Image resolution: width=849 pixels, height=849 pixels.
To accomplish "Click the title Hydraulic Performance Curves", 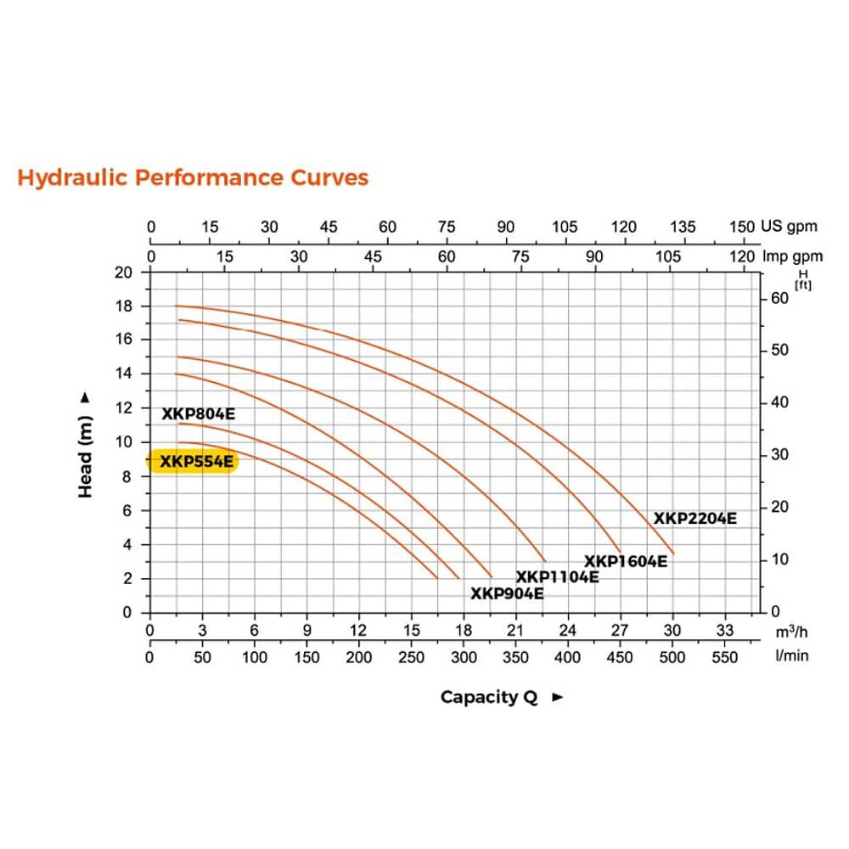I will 193,177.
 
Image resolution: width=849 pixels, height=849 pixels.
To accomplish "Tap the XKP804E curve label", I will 198,414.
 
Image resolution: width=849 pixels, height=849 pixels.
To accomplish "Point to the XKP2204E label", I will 694,518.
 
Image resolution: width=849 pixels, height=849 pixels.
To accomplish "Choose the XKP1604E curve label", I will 625,560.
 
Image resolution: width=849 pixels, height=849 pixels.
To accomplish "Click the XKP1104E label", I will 557,577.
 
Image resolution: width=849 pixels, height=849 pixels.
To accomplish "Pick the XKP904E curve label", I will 507,593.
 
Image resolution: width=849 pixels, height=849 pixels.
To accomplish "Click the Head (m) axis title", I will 86,444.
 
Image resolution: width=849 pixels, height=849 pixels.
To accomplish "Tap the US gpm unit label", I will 789,227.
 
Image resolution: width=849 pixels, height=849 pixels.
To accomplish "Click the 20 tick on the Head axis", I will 125,273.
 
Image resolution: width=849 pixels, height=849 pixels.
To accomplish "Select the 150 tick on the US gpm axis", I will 742,227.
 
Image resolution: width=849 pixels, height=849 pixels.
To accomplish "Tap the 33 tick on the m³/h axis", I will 724,630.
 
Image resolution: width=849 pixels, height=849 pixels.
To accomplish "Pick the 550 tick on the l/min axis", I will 724,656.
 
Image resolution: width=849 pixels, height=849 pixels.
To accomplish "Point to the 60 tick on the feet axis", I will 779,298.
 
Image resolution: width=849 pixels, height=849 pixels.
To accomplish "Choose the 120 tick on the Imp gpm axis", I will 742,257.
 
